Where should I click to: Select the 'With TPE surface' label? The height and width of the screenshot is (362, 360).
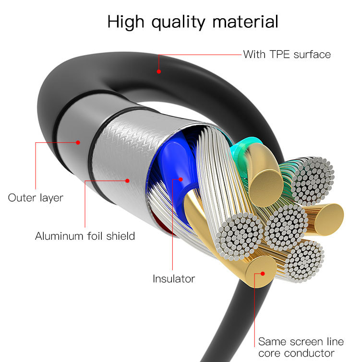(x=287, y=54)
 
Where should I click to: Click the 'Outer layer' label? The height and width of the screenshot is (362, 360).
(x=36, y=197)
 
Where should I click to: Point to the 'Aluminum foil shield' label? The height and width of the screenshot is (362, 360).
(x=85, y=236)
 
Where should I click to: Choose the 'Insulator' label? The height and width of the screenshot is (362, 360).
(x=174, y=279)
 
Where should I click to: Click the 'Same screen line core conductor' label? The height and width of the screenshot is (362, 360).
(x=300, y=348)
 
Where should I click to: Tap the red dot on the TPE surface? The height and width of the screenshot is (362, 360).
(x=158, y=71)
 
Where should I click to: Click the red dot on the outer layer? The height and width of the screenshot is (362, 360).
(x=78, y=142)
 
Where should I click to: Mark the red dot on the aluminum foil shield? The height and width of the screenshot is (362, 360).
(x=128, y=181)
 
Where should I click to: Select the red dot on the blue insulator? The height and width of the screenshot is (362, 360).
(x=181, y=179)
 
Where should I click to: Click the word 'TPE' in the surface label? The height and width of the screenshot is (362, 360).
(x=276, y=54)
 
